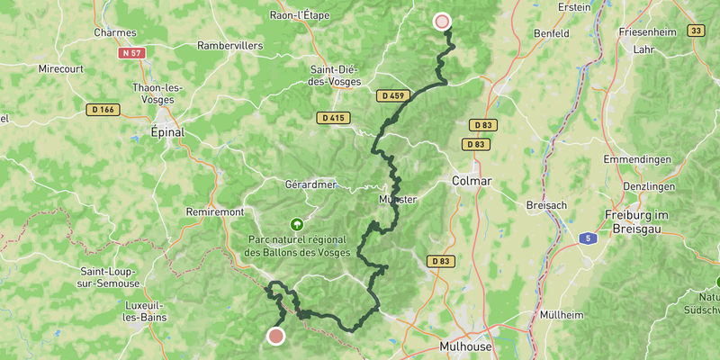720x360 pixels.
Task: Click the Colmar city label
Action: point(473,181)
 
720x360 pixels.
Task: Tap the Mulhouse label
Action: point(466,346)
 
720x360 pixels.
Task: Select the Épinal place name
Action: point(166,132)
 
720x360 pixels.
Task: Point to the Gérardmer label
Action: point(310,184)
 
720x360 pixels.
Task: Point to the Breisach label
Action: point(546,205)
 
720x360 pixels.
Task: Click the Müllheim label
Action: point(561,315)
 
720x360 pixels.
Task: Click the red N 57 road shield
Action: point(131,53)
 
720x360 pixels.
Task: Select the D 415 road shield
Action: point(331,118)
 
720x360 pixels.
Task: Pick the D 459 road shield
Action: point(393,95)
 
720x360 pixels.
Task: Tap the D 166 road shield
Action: point(103,110)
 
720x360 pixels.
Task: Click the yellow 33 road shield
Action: point(695,31)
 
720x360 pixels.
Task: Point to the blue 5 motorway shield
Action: point(586,238)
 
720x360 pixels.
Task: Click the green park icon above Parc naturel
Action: point(296,224)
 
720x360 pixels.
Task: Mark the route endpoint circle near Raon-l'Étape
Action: point(441,22)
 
